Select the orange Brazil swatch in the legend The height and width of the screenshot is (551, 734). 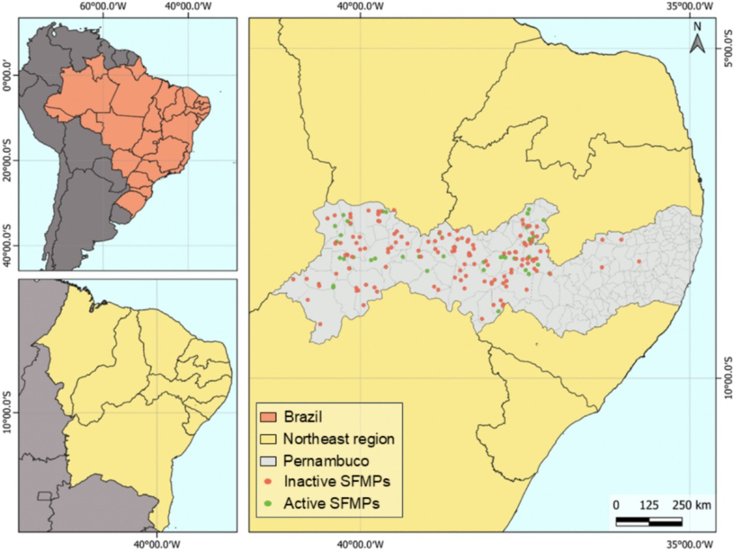pyautogui.click(x=269, y=418)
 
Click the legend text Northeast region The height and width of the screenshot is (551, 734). pyautogui.click(x=339, y=438)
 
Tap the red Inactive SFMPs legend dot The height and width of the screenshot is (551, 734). pyautogui.click(x=269, y=481)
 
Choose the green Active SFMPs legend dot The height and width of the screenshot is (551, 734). pyautogui.click(x=269, y=503)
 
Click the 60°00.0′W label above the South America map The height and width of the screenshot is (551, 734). pyautogui.click(x=103, y=8)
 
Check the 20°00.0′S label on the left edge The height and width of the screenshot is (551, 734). pyautogui.click(x=8, y=160)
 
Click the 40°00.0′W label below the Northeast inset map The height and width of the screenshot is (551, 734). pyautogui.click(x=157, y=543)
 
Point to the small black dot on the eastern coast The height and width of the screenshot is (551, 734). pyautogui.click(x=700, y=180)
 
